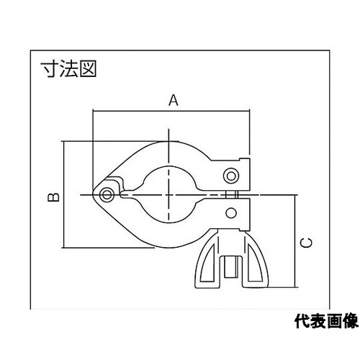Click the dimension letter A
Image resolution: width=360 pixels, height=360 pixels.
(x=174, y=100)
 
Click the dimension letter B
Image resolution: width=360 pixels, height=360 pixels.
(x=54, y=197)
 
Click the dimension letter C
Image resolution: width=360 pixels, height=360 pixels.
(x=307, y=243)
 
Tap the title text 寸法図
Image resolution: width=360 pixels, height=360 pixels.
(x=68, y=68)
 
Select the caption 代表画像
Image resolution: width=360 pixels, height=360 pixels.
(x=326, y=321)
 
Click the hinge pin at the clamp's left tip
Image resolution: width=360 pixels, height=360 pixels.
(x=107, y=194)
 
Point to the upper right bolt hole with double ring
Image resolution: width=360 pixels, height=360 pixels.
(x=231, y=176)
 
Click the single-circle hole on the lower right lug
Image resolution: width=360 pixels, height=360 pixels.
(x=231, y=213)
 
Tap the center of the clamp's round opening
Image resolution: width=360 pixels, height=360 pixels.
(x=169, y=194)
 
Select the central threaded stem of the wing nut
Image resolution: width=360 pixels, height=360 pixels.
(x=230, y=267)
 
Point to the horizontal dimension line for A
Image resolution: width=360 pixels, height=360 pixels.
(x=171, y=111)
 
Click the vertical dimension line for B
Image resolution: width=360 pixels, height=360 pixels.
(x=64, y=194)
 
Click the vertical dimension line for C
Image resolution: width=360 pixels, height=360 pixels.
(x=295, y=241)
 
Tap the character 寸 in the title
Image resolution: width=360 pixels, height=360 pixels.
(x=50, y=68)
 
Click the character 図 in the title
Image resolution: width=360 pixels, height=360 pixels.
(x=88, y=68)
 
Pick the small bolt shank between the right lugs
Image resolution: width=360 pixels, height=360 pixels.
(x=232, y=194)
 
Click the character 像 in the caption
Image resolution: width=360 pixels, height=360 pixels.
(x=351, y=321)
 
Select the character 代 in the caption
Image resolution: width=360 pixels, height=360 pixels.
(x=302, y=321)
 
